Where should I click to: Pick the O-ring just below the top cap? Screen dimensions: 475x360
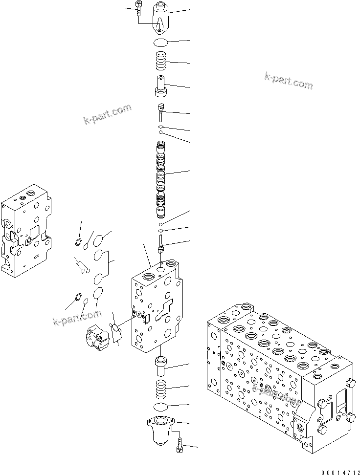click(x=161, y=43)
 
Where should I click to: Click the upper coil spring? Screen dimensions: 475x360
click(x=161, y=62)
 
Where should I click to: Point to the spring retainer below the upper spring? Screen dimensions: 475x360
click(x=161, y=86)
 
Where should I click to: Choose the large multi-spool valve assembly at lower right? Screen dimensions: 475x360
click(x=279, y=376)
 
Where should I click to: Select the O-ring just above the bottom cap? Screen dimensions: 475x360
click(x=161, y=407)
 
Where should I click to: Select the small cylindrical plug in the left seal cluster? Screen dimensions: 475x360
click(x=82, y=266)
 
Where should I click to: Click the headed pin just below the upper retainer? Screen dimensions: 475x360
click(x=161, y=112)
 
